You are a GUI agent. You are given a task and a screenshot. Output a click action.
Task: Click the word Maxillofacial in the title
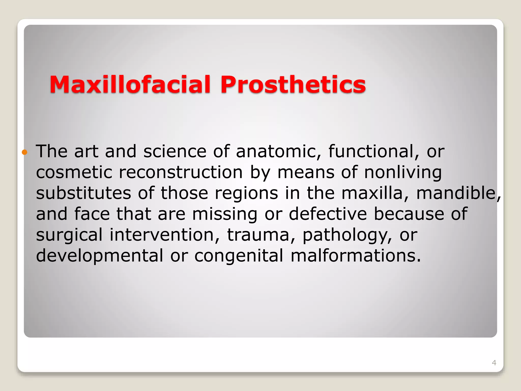pos(130,85)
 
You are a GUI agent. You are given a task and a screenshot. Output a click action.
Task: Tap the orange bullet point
pos(24,152)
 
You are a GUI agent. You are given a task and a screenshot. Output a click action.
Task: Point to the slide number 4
pos(494,363)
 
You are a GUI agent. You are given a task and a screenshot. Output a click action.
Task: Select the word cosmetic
pos(74,173)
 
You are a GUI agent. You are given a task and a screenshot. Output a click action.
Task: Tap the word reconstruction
pos(181,173)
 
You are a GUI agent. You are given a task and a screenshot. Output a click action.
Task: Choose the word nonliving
pos(403,173)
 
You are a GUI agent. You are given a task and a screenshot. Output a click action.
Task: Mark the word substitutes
pos(83,193)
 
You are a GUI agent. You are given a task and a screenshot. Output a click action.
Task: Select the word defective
pos(328,214)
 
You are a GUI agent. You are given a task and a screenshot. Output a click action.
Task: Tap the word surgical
pos(69,235)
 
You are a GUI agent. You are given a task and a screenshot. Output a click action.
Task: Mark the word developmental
pos(99,256)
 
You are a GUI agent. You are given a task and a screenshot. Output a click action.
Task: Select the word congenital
pos(239,256)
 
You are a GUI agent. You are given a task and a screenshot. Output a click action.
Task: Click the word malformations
pos(356,256)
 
